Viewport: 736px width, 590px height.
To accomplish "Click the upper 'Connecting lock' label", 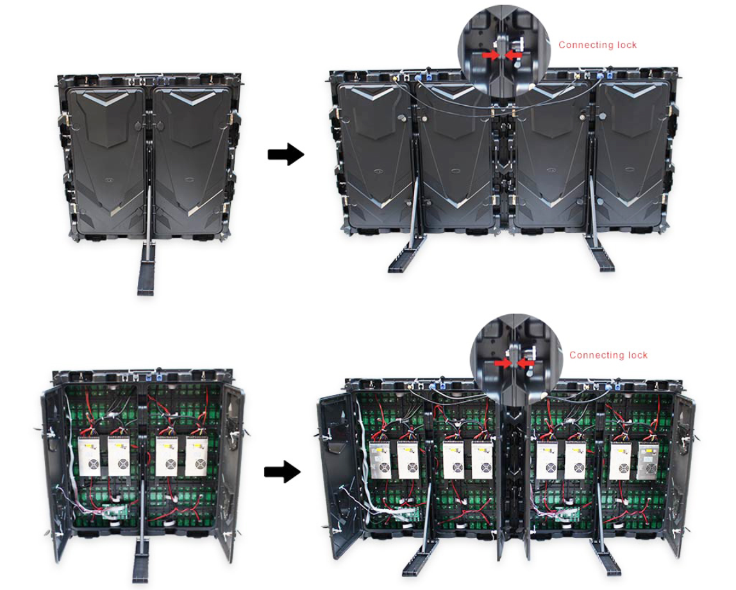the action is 597,45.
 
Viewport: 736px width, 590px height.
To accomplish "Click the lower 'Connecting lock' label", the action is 608,355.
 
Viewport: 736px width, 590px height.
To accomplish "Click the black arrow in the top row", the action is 286,154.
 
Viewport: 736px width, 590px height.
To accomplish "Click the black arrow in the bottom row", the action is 282,471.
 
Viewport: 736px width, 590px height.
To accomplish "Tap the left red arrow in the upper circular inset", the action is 490,55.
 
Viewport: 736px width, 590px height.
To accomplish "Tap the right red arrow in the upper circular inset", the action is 514,55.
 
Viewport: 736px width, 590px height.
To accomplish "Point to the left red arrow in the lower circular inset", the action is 503,363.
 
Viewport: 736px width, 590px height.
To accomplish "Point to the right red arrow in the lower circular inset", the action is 526,363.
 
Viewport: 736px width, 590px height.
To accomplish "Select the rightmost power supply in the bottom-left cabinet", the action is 196,456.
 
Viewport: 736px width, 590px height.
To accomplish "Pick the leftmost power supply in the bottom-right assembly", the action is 380,460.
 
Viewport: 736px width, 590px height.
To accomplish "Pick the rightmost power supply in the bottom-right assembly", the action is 648,460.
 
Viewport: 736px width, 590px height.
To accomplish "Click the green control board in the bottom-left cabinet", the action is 112,512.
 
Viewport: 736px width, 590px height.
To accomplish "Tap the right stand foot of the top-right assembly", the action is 599,253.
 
